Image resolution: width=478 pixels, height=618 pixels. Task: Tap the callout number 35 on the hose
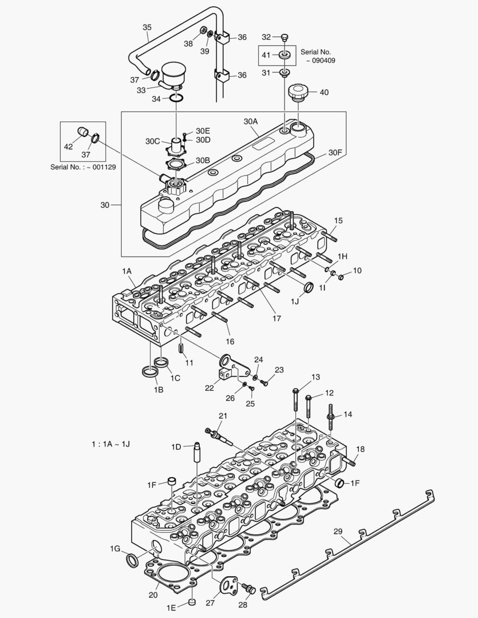[147, 27]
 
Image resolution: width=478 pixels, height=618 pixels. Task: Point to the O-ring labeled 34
[176, 99]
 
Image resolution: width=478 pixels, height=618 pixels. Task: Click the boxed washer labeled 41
[285, 56]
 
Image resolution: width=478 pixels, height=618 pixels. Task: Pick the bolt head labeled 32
[285, 38]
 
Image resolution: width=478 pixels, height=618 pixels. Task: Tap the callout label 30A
[251, 121]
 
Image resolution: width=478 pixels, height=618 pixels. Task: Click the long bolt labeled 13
[295, 399]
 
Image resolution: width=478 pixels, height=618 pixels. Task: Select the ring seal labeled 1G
[131, 559]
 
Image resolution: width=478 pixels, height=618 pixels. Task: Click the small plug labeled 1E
[192, 603]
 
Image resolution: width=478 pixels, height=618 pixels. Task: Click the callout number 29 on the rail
[338, 532]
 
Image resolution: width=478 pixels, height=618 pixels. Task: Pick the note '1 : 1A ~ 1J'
[110, 444]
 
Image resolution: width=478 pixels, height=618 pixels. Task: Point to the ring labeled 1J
[308, 287]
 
